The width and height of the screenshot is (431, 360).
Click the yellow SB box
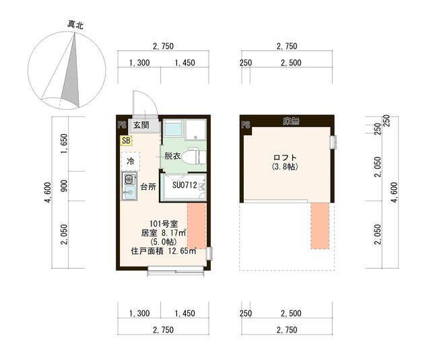click(x=127, y=141)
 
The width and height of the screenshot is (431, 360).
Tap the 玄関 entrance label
click(x=141, y=125)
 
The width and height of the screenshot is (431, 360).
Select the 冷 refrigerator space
click(x=130, y=161)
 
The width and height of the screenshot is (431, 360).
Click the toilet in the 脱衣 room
click(x=193, y=157)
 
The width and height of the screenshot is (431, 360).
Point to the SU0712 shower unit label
click(x=185, y=185)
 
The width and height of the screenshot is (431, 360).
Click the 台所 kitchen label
click(x=148, y=187)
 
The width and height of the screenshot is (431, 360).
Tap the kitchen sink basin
click(x=129, y=191)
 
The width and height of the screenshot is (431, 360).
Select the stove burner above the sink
click(x=129, y=179)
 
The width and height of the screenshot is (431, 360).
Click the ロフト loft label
click(x=285, y=157)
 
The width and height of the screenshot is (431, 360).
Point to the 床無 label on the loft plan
click(x=291, y=121)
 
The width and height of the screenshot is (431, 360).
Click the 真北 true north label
click(x=75, y=25)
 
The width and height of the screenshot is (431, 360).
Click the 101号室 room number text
click(x=164, y=224)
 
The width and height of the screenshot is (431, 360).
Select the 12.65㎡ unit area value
click(x=181, y=251)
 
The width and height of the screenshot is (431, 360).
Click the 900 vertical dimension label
click(x=64, y=186)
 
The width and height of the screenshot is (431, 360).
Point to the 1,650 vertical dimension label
click(x=64, y=143)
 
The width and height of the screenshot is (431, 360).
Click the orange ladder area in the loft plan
click(x=320, y=225)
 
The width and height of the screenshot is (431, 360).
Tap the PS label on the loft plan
click(x=246, y=125)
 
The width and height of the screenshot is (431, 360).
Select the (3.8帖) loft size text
click(x=285, y=167)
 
